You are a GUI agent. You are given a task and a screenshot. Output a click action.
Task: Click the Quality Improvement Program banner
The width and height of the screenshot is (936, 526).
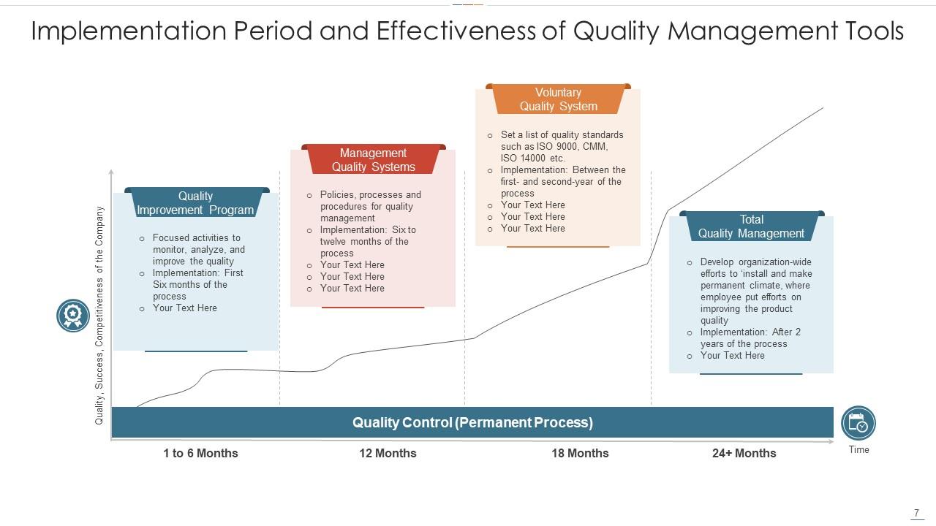195,203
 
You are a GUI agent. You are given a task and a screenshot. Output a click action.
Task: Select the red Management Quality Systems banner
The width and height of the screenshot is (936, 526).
373,160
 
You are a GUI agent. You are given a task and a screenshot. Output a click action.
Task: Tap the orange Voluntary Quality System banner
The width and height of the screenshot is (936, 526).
558,99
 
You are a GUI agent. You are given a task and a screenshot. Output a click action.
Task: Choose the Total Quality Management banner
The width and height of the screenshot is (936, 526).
751,226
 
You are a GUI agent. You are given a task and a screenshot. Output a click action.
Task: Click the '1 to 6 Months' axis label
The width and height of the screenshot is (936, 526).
200,453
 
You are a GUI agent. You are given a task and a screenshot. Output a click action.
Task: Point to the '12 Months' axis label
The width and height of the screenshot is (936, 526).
388,453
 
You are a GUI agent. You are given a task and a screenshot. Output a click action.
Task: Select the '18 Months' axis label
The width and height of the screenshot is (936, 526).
580,453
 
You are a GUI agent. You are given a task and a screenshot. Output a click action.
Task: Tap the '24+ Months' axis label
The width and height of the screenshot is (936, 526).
744,453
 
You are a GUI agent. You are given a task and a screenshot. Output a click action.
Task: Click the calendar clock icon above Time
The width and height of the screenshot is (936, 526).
858,423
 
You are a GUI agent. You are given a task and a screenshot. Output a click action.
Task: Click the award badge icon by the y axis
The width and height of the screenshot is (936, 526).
73,316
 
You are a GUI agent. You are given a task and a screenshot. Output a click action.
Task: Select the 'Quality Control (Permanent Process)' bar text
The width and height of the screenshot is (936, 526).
472,422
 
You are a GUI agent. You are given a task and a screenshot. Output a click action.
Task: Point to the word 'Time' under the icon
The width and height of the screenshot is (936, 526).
858,449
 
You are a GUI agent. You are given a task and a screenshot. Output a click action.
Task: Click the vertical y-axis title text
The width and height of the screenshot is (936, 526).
99,316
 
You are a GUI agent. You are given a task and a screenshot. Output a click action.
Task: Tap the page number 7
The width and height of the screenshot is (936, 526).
916,513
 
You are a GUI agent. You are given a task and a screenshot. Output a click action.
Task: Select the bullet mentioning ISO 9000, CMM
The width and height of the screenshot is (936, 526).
562,146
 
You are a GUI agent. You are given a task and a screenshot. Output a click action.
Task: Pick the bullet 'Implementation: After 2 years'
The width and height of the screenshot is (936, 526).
750,338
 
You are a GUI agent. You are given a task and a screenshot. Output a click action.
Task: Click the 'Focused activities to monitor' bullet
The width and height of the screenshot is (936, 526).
198,249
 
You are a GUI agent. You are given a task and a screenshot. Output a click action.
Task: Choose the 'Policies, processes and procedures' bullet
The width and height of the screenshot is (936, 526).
370,206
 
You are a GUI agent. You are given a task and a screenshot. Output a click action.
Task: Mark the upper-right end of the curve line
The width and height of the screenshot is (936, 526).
823,108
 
